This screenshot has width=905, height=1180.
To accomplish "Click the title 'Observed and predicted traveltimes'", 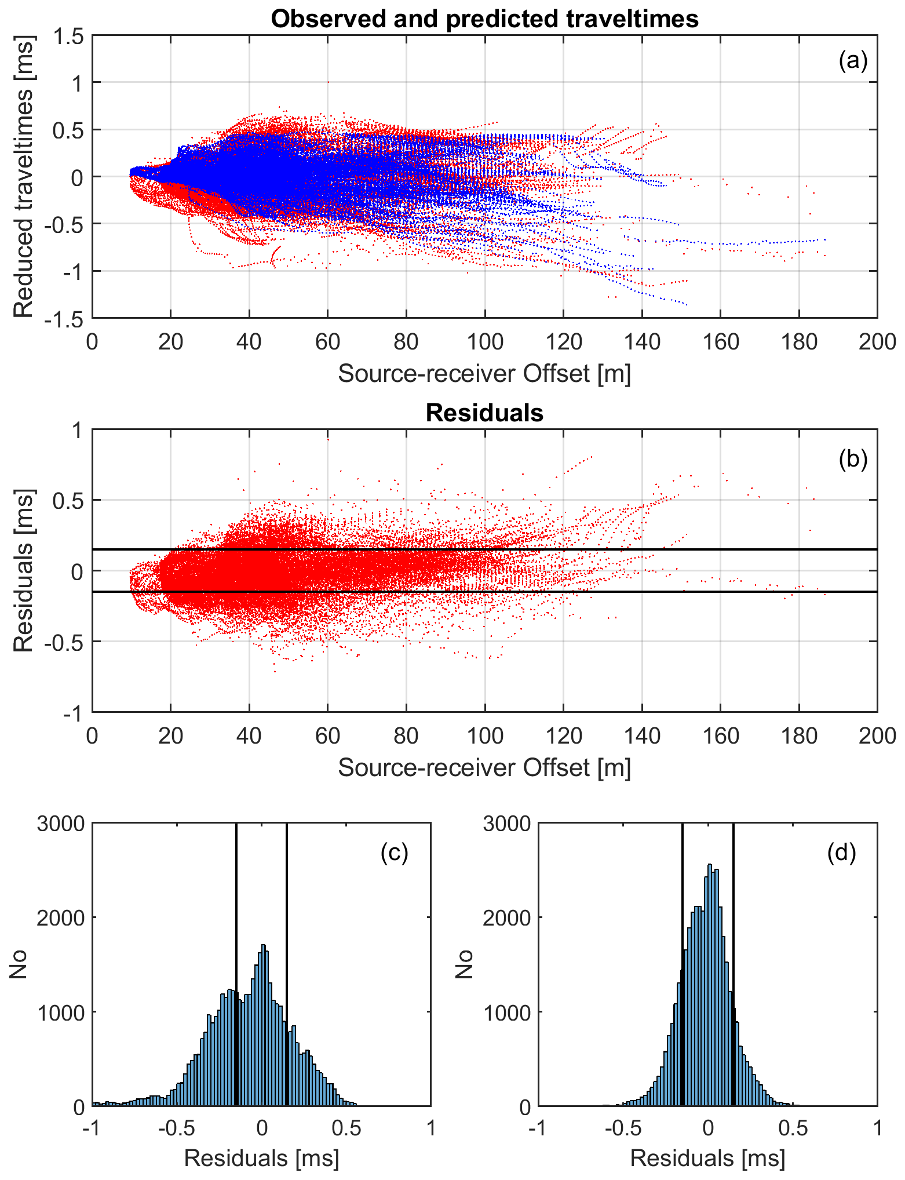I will pyautogui.click(x=484, y=19).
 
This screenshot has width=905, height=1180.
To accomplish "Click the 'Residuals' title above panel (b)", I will pyautogui.click(x=484, y=413).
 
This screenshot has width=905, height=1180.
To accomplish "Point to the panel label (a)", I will pyautogui.click(x=853, y=60).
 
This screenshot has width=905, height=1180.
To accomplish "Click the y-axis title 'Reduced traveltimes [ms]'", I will pyautogui.click(x=23, y=176).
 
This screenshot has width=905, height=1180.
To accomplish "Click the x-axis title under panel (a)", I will pyautogui.click(x=484, y=374).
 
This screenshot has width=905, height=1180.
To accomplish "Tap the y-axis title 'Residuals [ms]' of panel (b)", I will pyautogui.click(x=23, y=571).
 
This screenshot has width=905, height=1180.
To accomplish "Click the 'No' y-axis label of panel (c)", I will pyautogui.click(x=19, y=965).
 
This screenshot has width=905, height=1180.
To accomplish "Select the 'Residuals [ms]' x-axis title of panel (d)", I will pyautogui.click(x=707, y=1158).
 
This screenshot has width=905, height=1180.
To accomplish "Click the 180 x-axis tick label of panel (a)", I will pyautogui.click(x=799, y=342).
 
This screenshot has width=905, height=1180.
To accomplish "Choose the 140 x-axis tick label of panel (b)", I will pyautogui.click(x=642, y=737).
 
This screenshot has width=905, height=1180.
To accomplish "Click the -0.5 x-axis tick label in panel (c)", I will pyautogui.click(x=177, y=1128).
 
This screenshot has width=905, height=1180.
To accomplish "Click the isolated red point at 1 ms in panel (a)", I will pyautogui.click(x=328, y=82).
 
